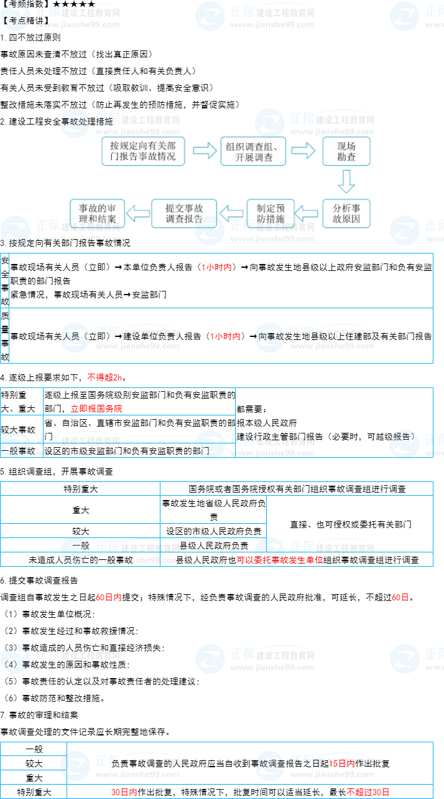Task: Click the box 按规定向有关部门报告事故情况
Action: point(143,151)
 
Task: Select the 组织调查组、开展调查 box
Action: point(253,151)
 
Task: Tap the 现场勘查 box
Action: point(346,151)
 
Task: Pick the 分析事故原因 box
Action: point(346,214)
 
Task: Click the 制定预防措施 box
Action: point(271,214)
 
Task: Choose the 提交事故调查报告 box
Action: point(184,214)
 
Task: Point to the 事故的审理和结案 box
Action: point(97,214)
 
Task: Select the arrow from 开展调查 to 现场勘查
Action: point(303,151)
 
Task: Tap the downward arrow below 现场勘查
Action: point(346,182)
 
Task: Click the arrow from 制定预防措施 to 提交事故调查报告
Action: point(232,214)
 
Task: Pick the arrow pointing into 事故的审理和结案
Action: point(138,214)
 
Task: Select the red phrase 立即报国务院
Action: point(96,409)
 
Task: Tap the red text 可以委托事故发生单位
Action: point(279,560)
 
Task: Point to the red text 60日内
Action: point(109,597)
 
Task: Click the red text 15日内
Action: point(342,764)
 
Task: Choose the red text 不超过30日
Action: point(368,792)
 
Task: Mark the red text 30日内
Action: point(124,792)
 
